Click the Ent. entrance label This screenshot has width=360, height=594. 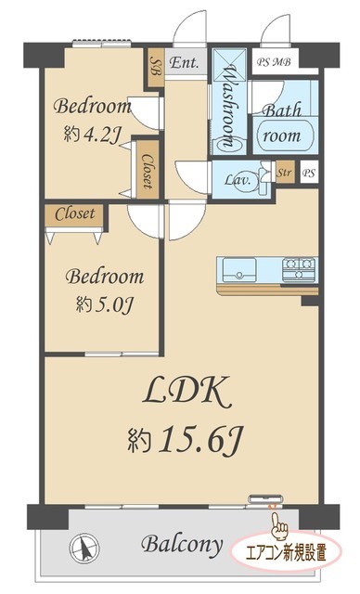click(x=184, y=62)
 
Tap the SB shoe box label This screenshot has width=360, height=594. click(x=156, y=66)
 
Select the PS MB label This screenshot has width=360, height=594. click(x=274, y=62)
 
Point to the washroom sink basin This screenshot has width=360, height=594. click(x=229, y=145)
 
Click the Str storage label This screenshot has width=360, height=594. click(x=284, y=173)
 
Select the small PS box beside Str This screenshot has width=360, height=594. click(x=309, y=174)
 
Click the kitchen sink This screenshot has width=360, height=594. click(x=238, y=270)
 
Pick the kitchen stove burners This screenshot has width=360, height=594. click(x=299, y=269)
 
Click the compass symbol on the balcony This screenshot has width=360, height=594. click(x=84, y=548)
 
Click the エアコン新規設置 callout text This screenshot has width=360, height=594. click(x=286, y=552)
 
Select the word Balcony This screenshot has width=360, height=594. click(x=182, y=545)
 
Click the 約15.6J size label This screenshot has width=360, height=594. click(x=186, y=441)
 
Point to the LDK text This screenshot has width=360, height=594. click(x=187, y=393)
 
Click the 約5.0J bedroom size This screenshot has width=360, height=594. click(x=104, y=304)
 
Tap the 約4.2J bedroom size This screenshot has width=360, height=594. click(x=92, y=134)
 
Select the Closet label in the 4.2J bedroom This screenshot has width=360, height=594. click(x=148, y=171)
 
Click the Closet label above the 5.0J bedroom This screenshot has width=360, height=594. click(x=74, y=214)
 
